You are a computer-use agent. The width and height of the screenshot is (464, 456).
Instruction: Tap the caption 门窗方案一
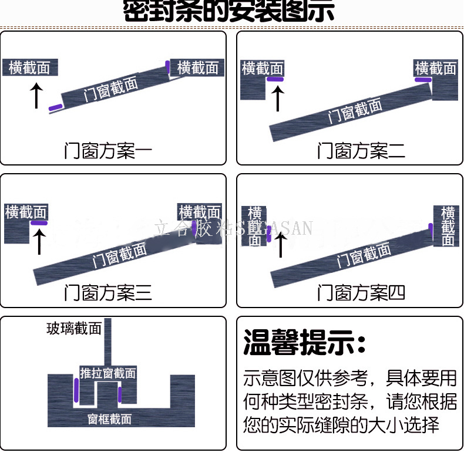click(x=108, y=151)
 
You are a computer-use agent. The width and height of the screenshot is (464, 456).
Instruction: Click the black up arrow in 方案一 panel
click(x=36, y=96)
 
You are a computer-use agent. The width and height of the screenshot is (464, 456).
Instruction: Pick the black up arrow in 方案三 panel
click(x=39, y=241)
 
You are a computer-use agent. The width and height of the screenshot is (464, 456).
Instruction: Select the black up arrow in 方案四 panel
click(x=281, y=245)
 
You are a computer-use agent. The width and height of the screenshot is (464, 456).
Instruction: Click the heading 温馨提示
click(x=305, y=342)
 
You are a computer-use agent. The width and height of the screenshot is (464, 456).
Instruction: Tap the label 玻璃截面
click(x=74, y=328)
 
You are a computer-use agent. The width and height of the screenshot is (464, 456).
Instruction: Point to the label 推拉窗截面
click(x=108, y=373)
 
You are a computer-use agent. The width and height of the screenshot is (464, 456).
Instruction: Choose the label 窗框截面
click(x=109, y=419)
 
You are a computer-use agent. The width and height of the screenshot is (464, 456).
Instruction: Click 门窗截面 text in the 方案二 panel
click(x=355, y=111)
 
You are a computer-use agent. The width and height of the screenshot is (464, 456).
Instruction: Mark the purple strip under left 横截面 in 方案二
click(x=275, y=79)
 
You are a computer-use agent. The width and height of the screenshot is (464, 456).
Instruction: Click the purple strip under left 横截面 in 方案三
click(x=39, y=224)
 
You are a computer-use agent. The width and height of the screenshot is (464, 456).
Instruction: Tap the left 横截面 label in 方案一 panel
click(x=29, y=67)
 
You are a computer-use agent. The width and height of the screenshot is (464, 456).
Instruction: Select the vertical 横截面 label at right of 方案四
click(x=448, y=226)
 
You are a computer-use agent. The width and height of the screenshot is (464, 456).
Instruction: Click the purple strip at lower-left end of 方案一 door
click(x=55, y=107)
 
